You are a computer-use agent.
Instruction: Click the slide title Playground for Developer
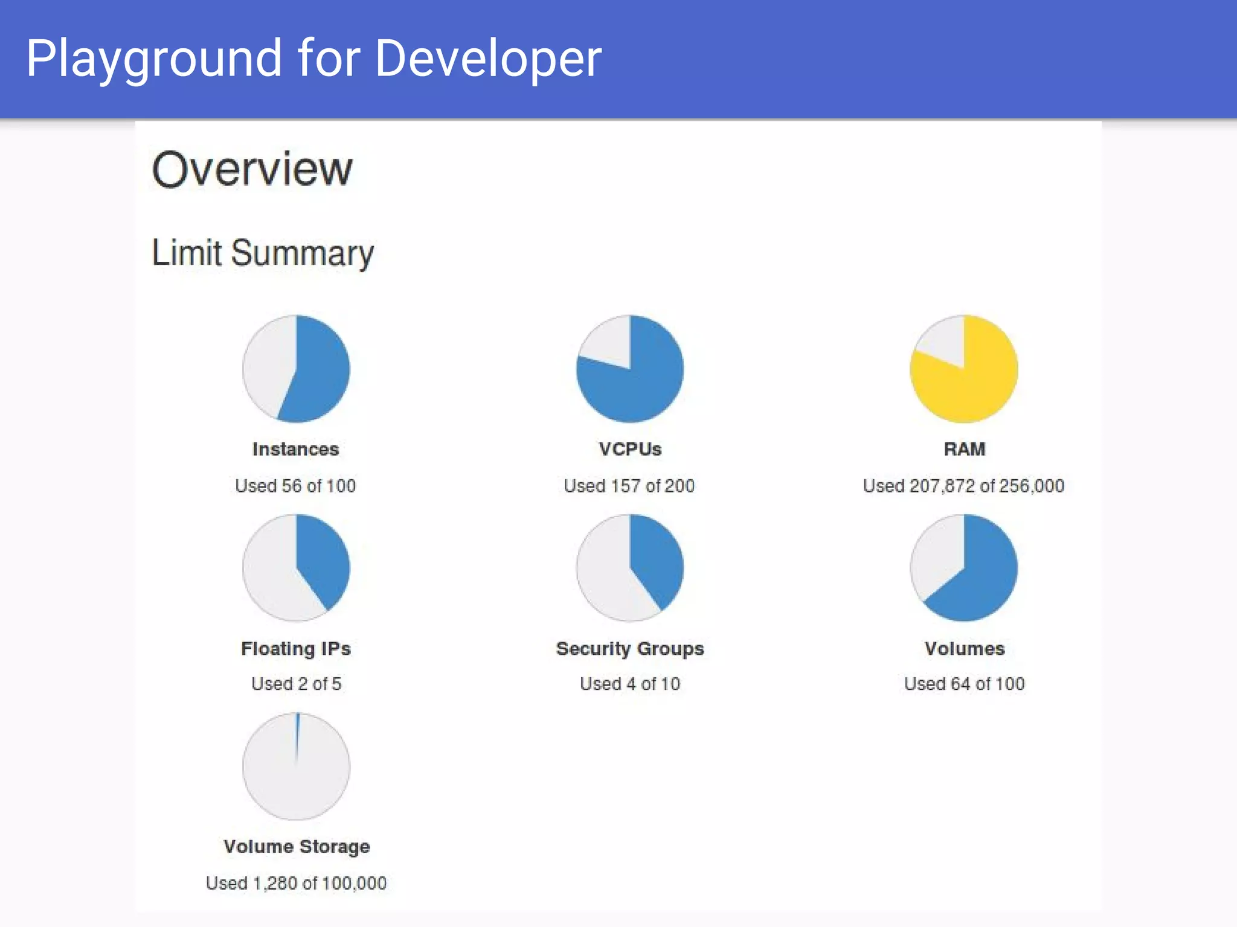313,59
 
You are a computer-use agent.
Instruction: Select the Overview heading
252,169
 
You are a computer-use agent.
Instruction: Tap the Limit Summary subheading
263,253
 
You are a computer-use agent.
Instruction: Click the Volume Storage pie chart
296,766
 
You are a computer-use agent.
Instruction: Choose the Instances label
295,449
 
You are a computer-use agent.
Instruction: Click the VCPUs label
630,449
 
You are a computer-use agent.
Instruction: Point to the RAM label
964,449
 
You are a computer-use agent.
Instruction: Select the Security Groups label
630,649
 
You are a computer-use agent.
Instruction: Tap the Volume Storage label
296,847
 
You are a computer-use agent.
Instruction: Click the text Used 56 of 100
295,486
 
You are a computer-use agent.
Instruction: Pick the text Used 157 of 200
629,486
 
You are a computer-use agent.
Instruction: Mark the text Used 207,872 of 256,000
963,486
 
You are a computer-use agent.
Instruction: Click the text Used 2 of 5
296,684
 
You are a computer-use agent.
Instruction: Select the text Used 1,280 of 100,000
296,884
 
